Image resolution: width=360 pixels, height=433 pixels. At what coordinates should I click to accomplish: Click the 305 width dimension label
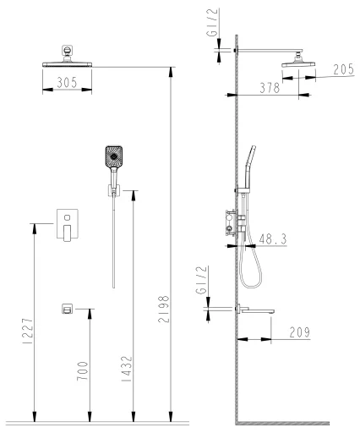[x=67, y=83]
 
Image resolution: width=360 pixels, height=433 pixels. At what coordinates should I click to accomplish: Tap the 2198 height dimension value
[x=164, y=309]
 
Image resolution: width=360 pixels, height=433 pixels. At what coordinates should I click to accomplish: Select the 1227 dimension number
[x=28, y=332]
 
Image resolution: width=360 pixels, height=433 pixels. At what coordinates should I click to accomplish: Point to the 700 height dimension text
[x=83, y=371]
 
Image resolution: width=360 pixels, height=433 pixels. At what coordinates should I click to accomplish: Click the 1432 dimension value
[x=127, y=369]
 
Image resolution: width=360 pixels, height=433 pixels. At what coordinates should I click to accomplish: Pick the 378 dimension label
[x=270, y=88]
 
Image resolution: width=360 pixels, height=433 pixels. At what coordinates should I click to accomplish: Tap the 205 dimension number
[x=343, y=69]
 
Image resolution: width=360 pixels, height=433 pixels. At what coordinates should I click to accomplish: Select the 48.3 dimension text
[x=273, y=239]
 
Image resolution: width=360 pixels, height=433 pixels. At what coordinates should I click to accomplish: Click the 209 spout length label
[x=300, y=332]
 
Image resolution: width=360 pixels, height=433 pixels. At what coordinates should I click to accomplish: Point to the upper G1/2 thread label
[x=212, y=23]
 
